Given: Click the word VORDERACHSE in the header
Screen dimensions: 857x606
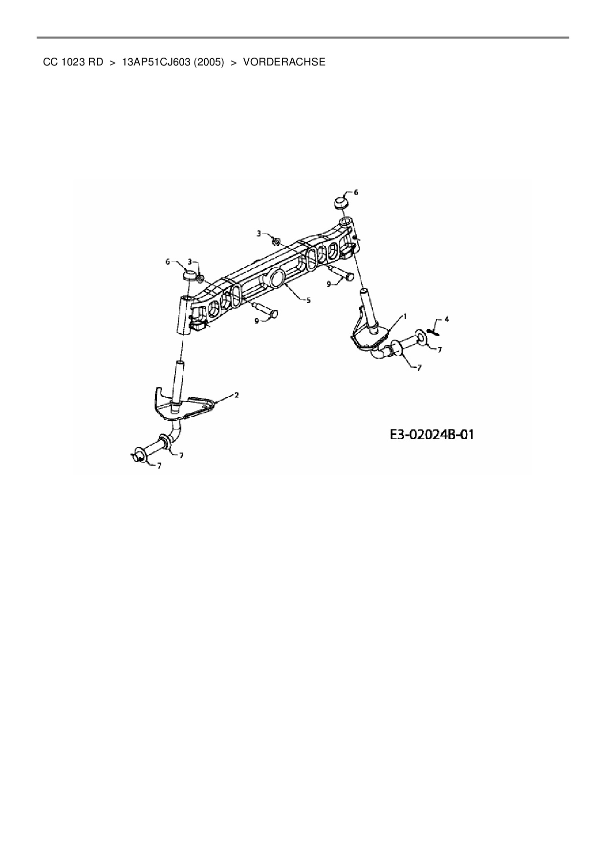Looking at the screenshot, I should (284, 62).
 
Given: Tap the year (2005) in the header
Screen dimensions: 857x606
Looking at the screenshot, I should (208, 62).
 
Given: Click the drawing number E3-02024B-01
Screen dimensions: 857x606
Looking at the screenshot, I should (432, 434).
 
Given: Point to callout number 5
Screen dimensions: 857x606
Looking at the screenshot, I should (308, 300).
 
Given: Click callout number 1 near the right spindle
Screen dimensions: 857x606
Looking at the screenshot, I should (405, 316).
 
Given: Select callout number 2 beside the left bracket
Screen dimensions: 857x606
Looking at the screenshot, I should (237, 395).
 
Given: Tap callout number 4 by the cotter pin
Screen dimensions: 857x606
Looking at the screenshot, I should (446, 319).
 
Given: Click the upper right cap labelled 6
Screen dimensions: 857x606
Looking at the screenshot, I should (341, 202).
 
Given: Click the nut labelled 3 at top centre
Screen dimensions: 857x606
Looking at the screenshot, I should (276, 241).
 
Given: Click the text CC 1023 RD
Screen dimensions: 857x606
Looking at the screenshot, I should (73, 62).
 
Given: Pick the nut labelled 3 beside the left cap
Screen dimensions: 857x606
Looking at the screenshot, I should (200, 279).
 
